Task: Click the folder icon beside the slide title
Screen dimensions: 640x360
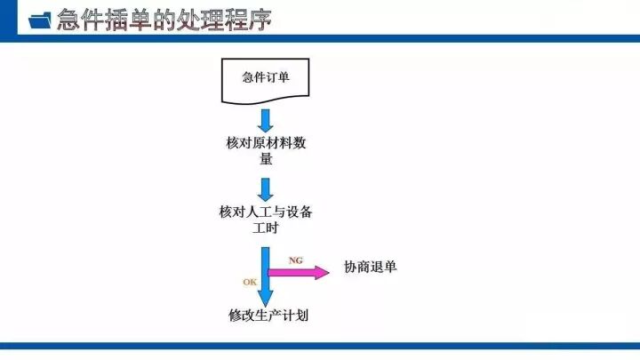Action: [x=40, y=20]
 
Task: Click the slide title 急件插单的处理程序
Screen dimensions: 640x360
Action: [x=164, y=20]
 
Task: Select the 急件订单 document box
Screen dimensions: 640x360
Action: [x=265, y=80]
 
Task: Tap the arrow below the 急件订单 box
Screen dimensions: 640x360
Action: [x=265, y=120]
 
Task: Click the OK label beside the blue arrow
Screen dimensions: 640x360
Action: [x=250, y=281]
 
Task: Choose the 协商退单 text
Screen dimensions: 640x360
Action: [x=370, y=268]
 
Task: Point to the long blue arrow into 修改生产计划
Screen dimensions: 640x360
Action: [x=265, y=276]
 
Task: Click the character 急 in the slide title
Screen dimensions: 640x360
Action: [x=69, y=20]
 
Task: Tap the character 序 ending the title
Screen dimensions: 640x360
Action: [x=260, y=20]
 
